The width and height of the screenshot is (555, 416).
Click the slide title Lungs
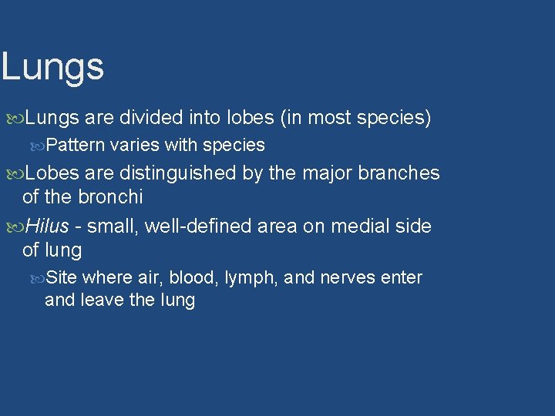click(52, 67)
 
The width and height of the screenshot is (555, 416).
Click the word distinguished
click(180, 173)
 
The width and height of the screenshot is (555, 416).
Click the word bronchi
click(109, 197)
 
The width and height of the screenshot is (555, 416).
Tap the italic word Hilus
click(48, 226)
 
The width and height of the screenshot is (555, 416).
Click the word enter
click(402, 277)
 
